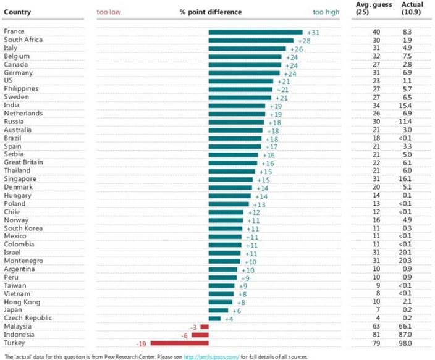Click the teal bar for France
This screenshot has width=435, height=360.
(255, 31)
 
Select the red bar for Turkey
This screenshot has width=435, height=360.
(180, 343)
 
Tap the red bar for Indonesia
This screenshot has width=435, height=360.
(200, 335)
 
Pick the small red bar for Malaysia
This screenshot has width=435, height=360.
(205, 326)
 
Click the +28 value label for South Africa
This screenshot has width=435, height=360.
(304, 40)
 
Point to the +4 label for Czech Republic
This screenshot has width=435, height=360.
(229, 318)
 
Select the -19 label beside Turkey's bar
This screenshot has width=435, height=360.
(141, 343)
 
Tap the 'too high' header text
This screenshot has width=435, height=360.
(326, 12)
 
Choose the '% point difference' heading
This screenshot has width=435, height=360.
(211, 12)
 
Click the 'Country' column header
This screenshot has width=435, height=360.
(17, 12)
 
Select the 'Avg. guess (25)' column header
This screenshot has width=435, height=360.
(371, 8)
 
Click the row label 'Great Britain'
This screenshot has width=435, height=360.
(22, 162)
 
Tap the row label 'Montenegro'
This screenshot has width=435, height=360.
(21, 261)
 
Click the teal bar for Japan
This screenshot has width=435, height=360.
(219, 310)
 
